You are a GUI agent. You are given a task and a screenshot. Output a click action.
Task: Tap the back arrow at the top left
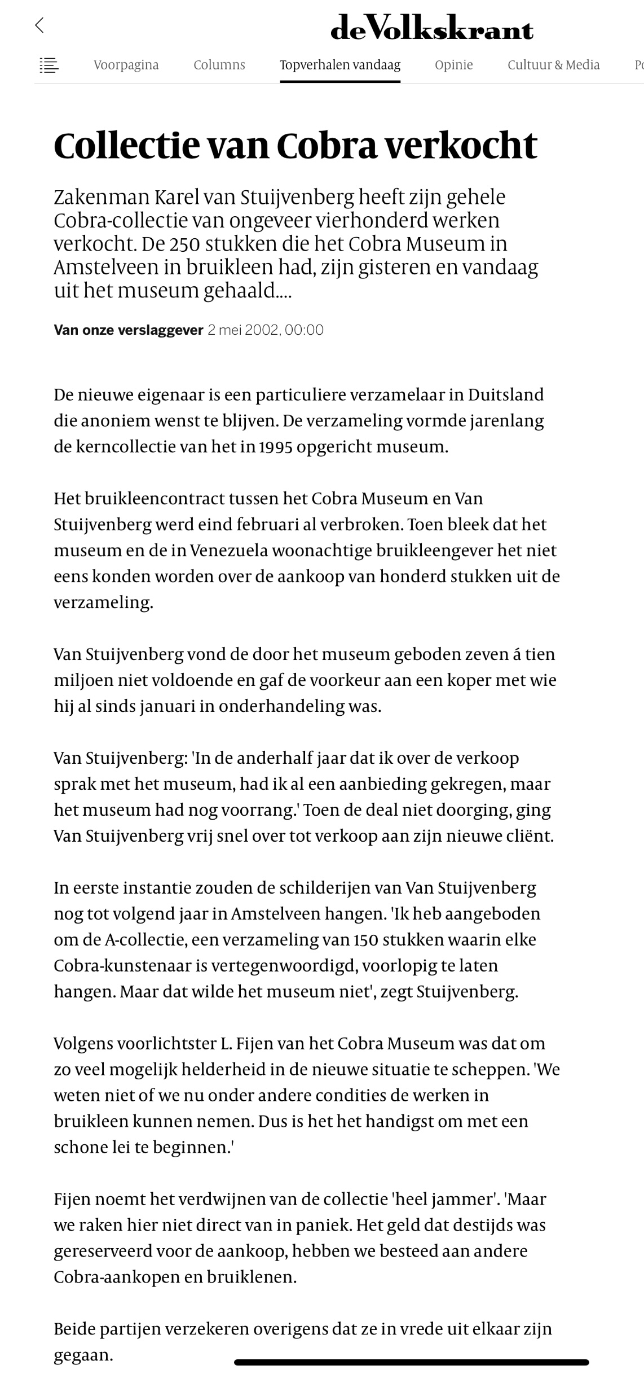(x=39, y=25)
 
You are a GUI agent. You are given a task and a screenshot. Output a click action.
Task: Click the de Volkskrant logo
(x=431, y=28)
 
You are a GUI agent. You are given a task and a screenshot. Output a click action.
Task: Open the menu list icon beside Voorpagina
(x=49, y=65)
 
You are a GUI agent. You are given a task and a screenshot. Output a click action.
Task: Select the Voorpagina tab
(x=126, y=65)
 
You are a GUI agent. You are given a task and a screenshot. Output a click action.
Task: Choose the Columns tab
(x=219, y=65)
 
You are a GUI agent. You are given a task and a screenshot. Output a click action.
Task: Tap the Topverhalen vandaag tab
(x=340, y=65)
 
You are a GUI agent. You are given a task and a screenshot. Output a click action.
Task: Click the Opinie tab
(x=453, y=65)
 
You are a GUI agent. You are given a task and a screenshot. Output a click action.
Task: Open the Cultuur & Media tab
(x=553, y=65)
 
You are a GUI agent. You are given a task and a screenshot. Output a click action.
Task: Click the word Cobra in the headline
(x=327, y=146)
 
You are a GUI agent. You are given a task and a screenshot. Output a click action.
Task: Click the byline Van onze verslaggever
(x=128, y=330)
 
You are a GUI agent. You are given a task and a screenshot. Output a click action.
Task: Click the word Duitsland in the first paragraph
(x=505, y=394)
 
